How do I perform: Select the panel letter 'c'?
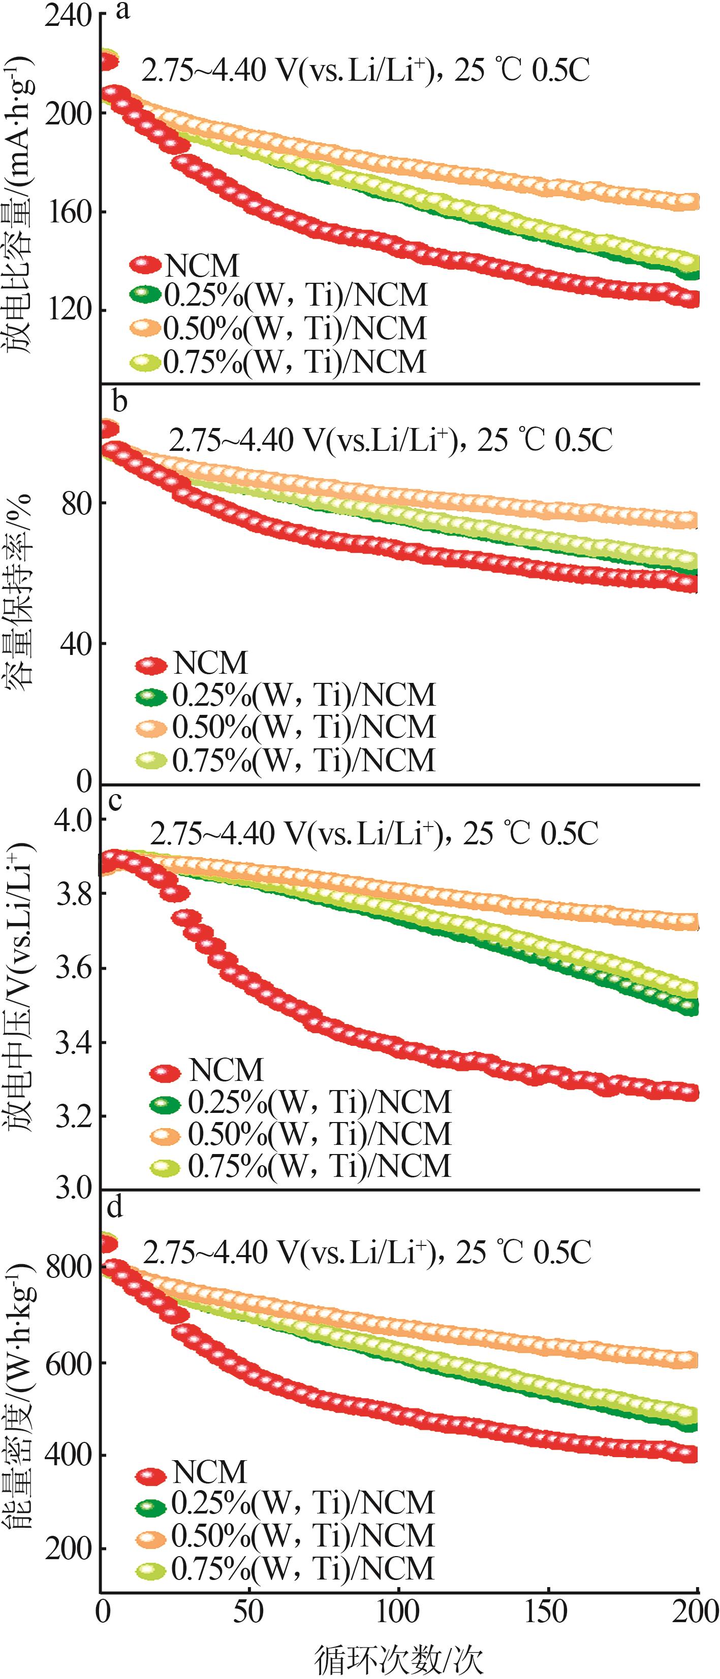(115, 800)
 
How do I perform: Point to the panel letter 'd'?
(115, 1207)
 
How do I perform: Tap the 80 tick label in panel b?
(76, 504)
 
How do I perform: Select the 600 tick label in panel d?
(67, 1362)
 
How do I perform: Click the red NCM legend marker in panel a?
(145, 265)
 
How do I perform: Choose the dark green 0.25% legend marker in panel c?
(165, 1103)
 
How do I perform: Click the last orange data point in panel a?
(690, 202)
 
